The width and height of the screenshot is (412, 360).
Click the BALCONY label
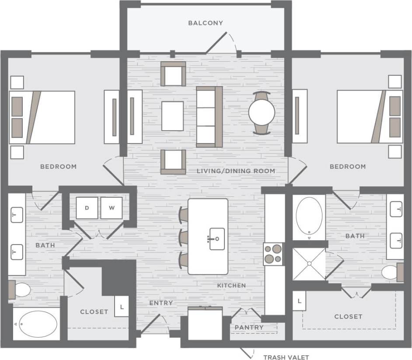click(x=206, y=23)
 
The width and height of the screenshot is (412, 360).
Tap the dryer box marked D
click(x=87, y=208)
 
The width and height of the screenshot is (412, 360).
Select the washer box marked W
click(x=112, y=208)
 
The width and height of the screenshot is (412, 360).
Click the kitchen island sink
click(x=216, y=239)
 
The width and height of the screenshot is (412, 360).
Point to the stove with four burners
click(x=273, y=254)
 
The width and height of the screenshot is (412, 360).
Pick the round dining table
click(x=262, y=112)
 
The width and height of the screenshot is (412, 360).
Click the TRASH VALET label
click(x=286, y=357)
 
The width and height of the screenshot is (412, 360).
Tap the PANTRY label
click(x=249, y=327)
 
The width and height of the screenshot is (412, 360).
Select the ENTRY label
click(x=161, y=303)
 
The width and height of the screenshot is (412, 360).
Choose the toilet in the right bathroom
click(x=391, y=273)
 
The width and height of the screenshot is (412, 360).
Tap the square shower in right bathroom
click(x=309, y=263)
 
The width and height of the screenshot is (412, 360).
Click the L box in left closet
click(x=122, y=307)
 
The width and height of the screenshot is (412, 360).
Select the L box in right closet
click(x=299, y=301)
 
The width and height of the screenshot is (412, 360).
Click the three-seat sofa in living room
click(x=209, y=116)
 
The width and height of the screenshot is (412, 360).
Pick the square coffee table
click(x=172, y=116)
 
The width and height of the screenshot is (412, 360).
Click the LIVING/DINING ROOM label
click(x=236, y=171)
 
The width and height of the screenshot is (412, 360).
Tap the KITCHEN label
click(x=231, y=285)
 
